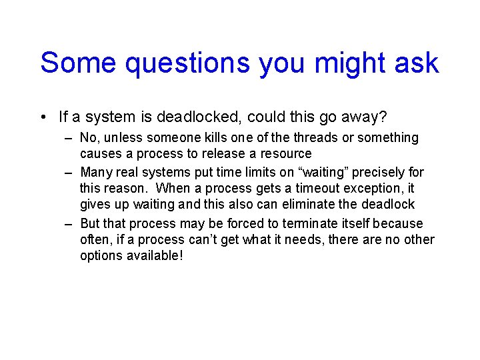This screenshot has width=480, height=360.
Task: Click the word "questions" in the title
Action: click(x=187, y=63)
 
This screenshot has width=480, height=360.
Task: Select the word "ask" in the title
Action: click(x=418, y=63)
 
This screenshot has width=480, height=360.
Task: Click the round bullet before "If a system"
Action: click(x=43, y=118)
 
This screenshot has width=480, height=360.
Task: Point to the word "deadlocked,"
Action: click(x=199, y=118)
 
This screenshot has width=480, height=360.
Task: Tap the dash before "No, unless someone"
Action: click(x=69, y=138)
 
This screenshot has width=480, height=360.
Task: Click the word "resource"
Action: click(x=286, y=154)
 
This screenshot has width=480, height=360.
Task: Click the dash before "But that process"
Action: click(x=69, y=223)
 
